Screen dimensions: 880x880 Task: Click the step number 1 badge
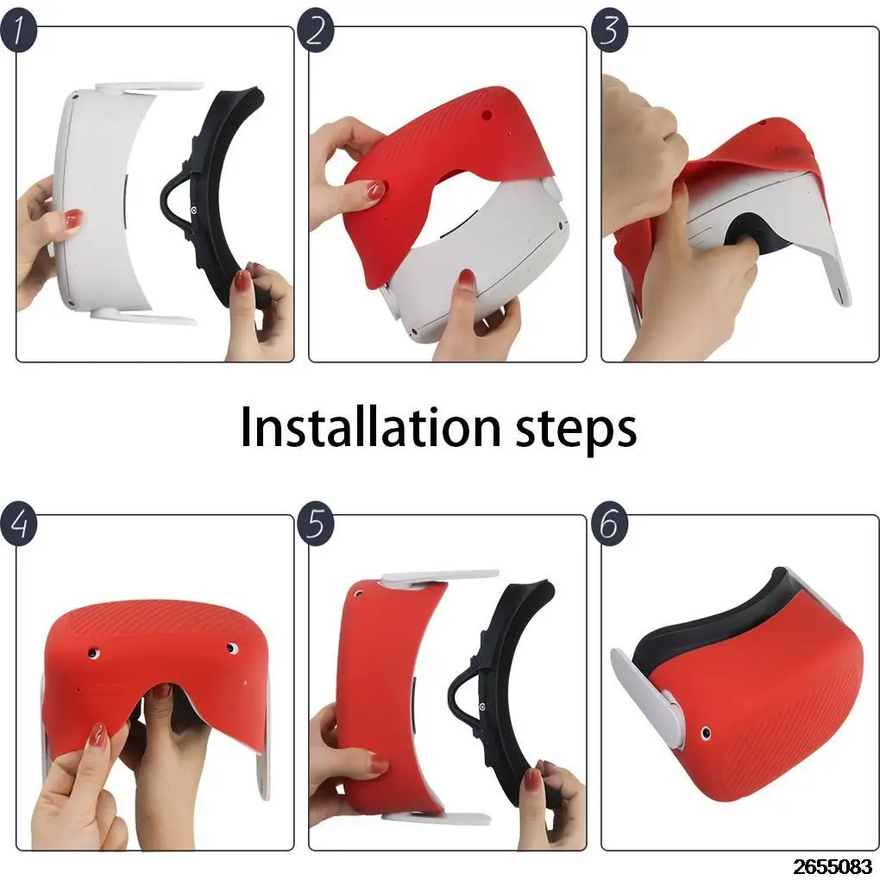tap(18, 31)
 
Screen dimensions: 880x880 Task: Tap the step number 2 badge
tap(316, 31)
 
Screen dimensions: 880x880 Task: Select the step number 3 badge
tap(609, 31)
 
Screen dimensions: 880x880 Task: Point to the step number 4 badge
tap(18, 524)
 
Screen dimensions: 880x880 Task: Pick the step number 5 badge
tap(316, 524)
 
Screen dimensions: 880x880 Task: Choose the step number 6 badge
tap(609, 524)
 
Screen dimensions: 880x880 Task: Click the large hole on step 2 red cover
tap(487, 115)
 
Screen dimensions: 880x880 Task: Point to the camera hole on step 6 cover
tap(706, 732)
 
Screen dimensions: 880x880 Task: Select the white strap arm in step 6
tap(645, 696)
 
